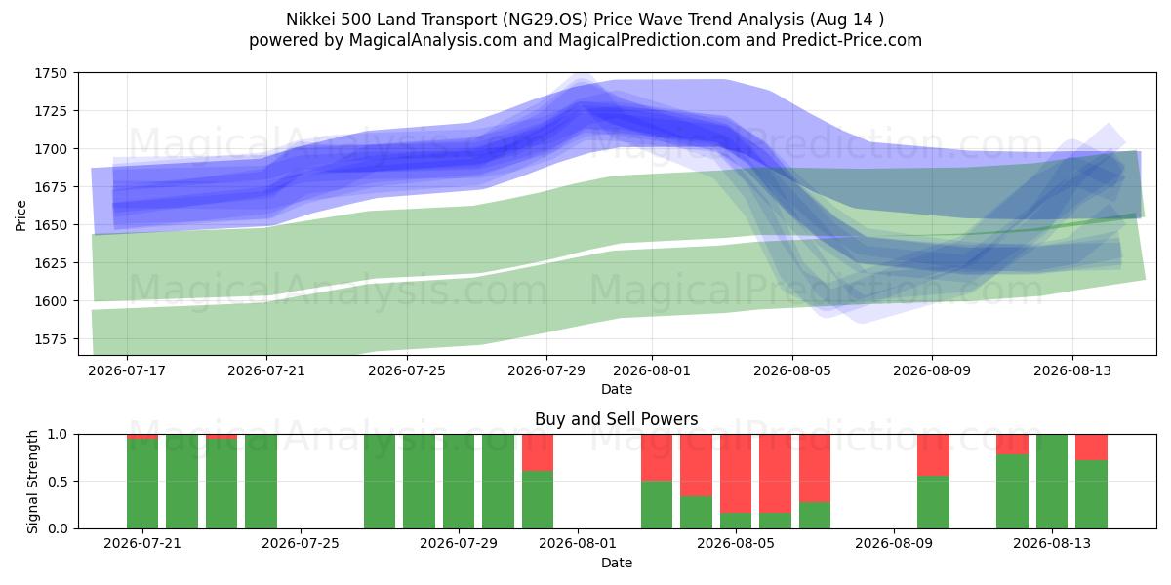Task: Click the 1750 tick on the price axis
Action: (x=51, y=73)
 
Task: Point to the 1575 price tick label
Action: (x=51, y=339)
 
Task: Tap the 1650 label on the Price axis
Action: (x=51, y=225)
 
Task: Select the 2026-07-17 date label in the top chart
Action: (x=127, y=370)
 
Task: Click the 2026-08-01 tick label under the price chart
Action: (x=652, y=370)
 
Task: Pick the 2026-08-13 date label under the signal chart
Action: (x=1052, y=544)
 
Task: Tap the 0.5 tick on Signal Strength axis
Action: (x=58, y=481)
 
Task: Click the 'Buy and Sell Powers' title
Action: (x=617, y=419)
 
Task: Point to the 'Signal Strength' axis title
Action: (x=32, y=482)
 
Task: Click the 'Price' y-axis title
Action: (x=20, y=215)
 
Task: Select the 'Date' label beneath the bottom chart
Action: (x=617, y=563)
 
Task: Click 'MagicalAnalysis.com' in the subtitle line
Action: (x=433, y=40)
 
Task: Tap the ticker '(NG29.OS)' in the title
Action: (x=545, y=19)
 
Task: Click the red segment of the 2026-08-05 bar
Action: (x=736, y=474)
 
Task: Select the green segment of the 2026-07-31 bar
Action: (x=538, y=500)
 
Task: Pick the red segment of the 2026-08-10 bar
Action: (x=933, y=455)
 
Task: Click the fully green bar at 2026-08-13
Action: (x=1052, y=482)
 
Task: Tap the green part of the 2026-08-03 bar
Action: (x=657, y=505)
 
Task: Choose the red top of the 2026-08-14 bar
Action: (x=1092, y=448)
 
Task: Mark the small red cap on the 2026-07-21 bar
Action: (x=142, y=437)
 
